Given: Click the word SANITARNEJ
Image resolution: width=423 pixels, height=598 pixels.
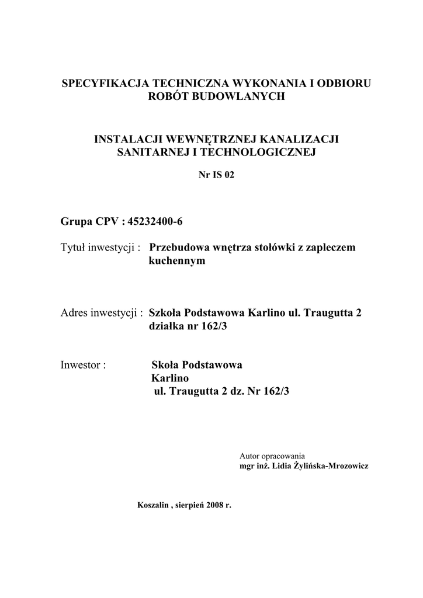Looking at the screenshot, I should pyautogui.click(x=147, y=152).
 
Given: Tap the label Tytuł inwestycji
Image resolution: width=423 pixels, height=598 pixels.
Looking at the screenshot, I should pyautogui.click(x=100, y=248).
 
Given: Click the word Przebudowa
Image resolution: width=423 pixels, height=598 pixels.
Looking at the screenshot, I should pyautogui.click(x=175, y=248).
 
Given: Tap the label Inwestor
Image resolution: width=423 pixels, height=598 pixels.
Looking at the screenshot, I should pyautogui.click(x=83, y=365).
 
